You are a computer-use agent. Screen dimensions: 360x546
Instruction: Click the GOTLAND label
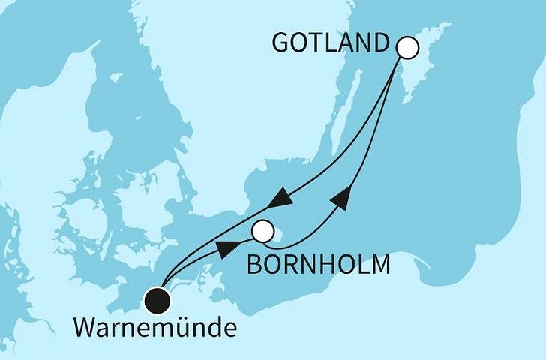click(332, 43)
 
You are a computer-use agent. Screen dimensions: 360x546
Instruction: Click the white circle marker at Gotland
click(406, 48)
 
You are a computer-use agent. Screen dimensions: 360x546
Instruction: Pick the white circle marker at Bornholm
click(262, 232)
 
